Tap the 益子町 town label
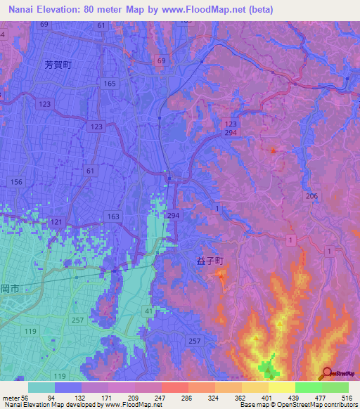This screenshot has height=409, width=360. click(x=209, y=260)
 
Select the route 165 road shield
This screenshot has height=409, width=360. click(x=109, y=84)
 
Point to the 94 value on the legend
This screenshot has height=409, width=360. click(x=69, y=397)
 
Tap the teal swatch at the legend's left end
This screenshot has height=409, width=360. click(x=41, y=387)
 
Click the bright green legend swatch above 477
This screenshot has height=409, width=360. click(x=308, y=387)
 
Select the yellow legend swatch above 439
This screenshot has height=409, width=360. click(x=281, y=387)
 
